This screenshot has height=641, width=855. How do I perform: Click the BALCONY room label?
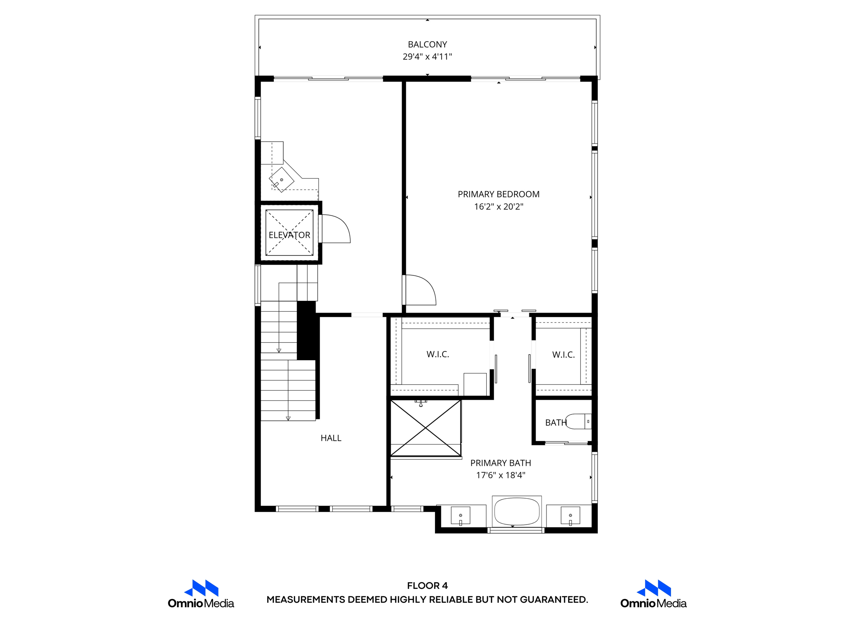click(x=427, y=44)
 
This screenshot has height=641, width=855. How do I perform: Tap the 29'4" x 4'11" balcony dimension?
click(x=427, y=57)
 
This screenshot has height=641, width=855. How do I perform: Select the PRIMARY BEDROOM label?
click(x=498, y=194)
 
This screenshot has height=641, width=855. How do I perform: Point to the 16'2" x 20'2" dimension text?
click(x=498, y=207)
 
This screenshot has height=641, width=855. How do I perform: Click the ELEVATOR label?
click(x=289, y=235)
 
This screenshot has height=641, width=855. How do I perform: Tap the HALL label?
click(x=331, y=438)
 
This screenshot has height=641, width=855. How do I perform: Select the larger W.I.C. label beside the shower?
click(x=438, y=354)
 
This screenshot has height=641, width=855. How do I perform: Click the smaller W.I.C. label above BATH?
click(x=563, y=355)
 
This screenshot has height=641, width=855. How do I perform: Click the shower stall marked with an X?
click(x=425, y=428)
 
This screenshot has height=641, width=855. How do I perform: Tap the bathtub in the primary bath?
click(x=516, y=512)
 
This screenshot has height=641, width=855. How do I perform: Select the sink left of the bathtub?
click(x=460, y=515)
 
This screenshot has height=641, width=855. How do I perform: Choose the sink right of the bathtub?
click(x=570, y=515)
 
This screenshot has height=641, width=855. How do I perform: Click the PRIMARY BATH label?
click(x=501, y=463)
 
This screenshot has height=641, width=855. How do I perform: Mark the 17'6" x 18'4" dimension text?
click(x=501, y=475)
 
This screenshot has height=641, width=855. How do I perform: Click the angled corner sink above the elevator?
click(x=281, y=180)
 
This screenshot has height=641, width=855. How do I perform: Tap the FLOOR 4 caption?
click(x=427, y=585)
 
